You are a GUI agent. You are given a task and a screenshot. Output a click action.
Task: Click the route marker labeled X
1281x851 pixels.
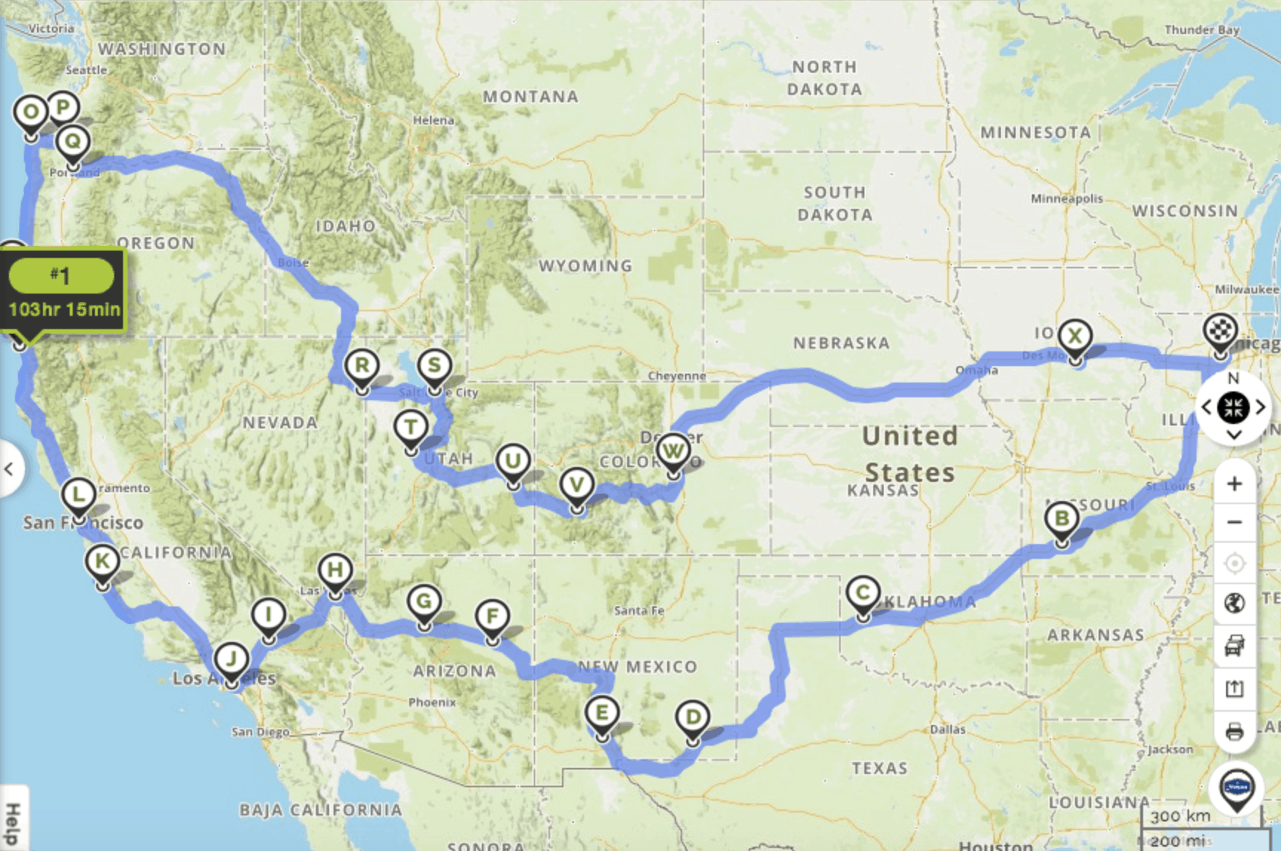point(1074,337)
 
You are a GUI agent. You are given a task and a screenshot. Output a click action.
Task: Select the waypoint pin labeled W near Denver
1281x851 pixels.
point(672,450)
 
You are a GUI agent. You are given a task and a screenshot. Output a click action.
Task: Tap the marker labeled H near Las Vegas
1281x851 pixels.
point(334,570)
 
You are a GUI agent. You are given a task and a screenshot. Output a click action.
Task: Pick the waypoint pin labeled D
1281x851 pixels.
point(692,718)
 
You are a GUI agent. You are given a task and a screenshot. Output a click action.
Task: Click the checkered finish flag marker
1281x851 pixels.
point(1220,331)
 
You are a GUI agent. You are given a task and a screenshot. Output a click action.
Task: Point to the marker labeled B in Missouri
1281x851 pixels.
point(1062,518)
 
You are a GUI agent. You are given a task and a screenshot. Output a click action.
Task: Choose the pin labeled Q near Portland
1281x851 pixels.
point(73,141)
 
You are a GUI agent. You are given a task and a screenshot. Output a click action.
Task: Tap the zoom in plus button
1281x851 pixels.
point(1234,484)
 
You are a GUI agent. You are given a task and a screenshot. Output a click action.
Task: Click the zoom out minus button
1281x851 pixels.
point(1234,523)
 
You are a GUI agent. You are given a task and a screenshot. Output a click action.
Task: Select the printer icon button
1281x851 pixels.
point(1234,732)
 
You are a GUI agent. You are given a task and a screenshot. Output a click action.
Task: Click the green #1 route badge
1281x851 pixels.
point(61,276)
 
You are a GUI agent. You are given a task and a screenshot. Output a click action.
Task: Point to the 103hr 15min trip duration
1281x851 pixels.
point(64,309)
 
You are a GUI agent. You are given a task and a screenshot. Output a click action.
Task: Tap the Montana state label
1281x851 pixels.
point(530,96)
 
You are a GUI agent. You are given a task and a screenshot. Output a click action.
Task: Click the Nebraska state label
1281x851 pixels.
point(841,343)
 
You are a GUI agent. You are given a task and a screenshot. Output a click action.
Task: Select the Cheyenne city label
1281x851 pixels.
point(676,376)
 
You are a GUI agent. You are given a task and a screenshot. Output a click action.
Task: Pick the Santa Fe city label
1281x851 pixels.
point(638,611)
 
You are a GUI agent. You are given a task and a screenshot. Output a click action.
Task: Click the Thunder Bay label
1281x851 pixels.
point(1201,30)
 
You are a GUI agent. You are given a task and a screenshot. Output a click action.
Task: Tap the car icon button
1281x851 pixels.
point(1234,646)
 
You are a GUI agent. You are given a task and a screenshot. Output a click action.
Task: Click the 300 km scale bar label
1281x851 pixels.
point(1180,816)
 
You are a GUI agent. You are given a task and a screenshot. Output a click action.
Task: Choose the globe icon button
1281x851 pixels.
point(1234,603)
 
